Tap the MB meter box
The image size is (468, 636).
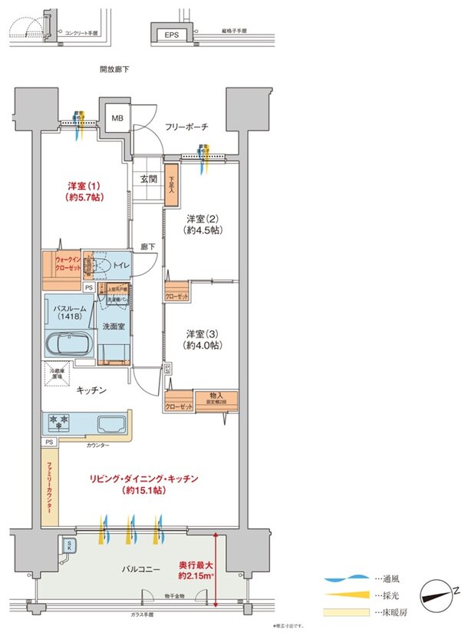pyautogui.click(x=117, y=118)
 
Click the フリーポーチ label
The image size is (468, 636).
pyautogui.click(x=186, y=127)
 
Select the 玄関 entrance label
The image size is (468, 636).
pyautogui.click(x=148, y=180)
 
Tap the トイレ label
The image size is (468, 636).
pyautogui.click(x=120, y=266)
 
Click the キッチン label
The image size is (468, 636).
pyautogui.click(x=91, y=390)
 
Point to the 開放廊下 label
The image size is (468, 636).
pyautogui.click(x=114, y=69)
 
